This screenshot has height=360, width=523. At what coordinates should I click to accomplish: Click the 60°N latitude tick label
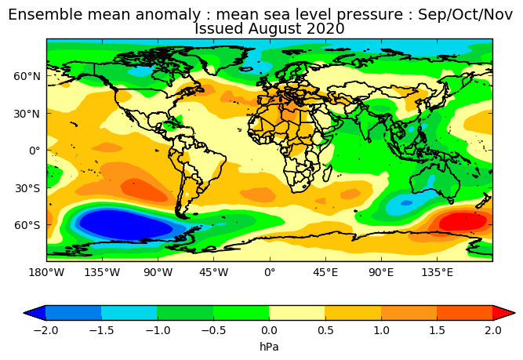pos(27,76)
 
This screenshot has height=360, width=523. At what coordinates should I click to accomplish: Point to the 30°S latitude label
pos(27,188)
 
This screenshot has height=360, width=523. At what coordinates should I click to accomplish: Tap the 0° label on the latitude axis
pos(35,151)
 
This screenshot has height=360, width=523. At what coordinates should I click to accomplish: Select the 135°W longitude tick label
pos(102,273)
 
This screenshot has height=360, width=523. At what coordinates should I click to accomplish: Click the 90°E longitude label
pos(381,273)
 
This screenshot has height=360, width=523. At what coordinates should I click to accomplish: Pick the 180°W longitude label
pos(46,273)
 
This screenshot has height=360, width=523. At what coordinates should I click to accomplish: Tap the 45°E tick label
pos(325,273)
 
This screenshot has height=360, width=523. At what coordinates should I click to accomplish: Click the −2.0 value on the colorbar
pos(45,330)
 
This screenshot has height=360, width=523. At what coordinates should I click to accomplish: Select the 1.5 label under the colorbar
pos(437,330)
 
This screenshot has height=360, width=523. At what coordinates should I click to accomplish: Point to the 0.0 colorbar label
pos(269,330)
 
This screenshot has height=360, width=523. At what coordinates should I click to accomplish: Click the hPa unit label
pos(269,347)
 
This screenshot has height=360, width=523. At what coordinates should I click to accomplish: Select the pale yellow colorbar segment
pos(297,313)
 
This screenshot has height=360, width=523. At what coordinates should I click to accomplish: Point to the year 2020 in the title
pos(325,28)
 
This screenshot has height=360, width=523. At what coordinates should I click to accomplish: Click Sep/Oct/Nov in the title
pos(465,15)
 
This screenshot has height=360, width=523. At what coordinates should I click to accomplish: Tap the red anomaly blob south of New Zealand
pos(463,221)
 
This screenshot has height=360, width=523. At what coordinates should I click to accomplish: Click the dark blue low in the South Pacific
pos(125,224)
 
